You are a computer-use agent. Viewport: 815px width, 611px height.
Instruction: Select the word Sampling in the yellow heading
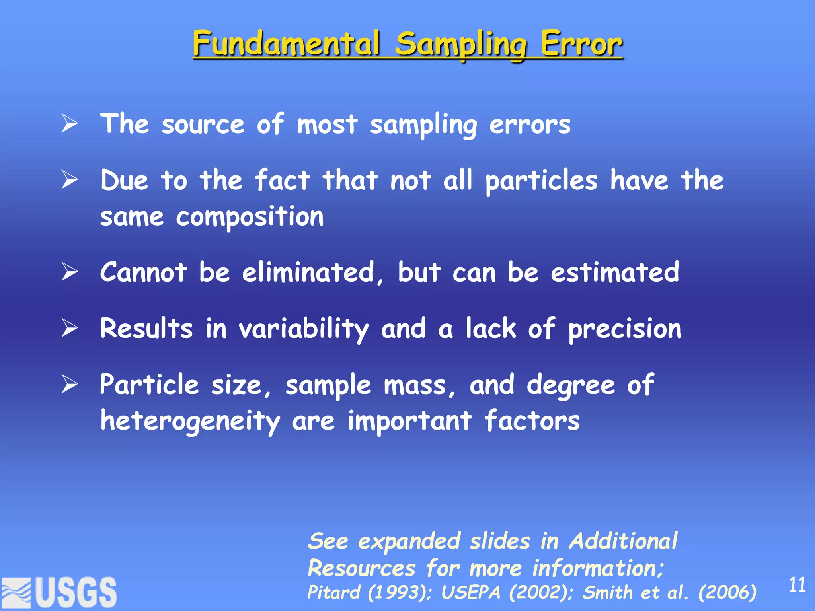461,46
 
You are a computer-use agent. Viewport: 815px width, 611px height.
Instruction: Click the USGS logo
60,592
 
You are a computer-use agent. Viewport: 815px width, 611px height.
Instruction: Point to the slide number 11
797,585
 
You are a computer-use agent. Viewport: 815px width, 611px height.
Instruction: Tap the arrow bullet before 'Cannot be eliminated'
70,272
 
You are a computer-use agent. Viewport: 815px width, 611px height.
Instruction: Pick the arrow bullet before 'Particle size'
70,385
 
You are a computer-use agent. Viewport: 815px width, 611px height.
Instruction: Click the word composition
250,218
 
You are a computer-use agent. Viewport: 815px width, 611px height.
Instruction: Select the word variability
304,329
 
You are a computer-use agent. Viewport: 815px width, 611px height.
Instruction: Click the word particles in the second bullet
541,181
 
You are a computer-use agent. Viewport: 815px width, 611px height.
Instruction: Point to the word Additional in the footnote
623,541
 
